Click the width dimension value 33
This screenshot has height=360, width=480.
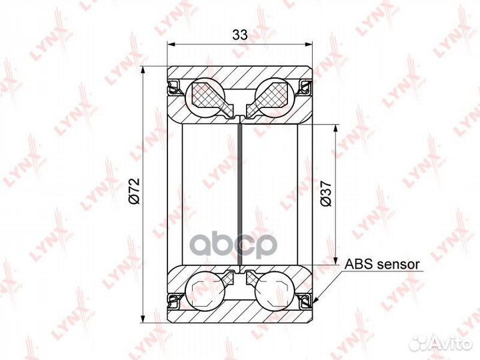[x=240, y=35]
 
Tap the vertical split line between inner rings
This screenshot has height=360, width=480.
[x=240, y=193]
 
